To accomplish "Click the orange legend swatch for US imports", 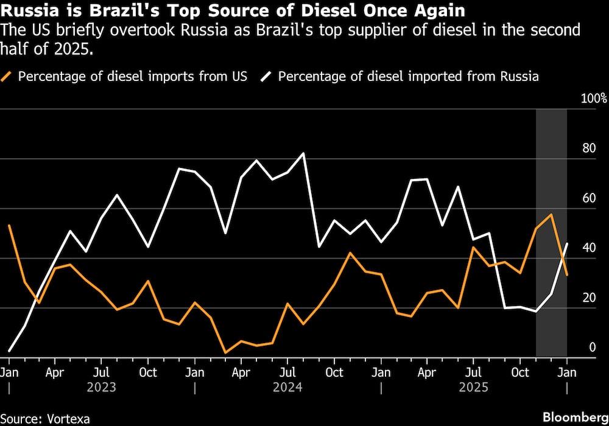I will coord(8,77).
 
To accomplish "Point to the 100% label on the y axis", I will coord(594,99).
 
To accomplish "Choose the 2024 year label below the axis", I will coord(287,386).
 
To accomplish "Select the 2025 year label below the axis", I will coord(474,386).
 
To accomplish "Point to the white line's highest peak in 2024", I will coord(303,153).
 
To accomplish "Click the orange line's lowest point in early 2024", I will coord(225,352).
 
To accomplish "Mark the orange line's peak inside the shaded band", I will coord(551,214).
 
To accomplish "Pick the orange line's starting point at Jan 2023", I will coord(9,225).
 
